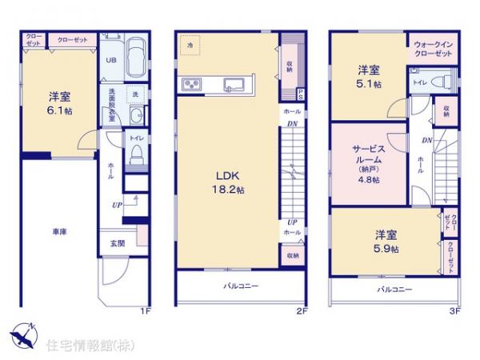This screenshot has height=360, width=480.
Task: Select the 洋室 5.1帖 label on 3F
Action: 369,75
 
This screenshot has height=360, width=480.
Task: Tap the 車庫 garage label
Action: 59,231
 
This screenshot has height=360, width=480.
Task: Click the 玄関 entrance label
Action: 117,243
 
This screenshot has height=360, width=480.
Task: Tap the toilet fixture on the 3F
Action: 437,81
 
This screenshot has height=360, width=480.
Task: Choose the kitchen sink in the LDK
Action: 234,84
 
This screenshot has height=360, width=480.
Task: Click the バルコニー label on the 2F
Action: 240,286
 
